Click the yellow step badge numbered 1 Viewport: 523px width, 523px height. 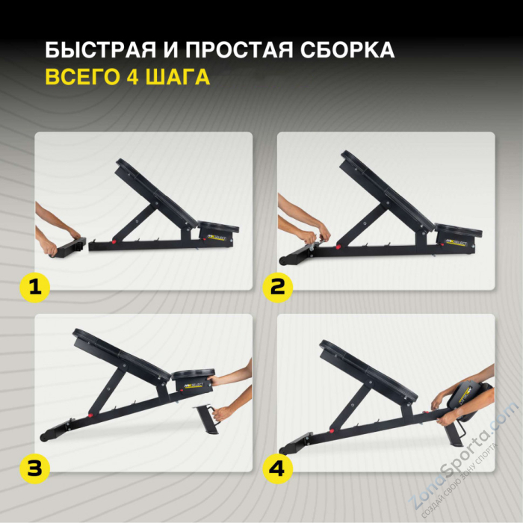34,288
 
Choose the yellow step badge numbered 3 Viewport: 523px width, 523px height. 34,469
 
